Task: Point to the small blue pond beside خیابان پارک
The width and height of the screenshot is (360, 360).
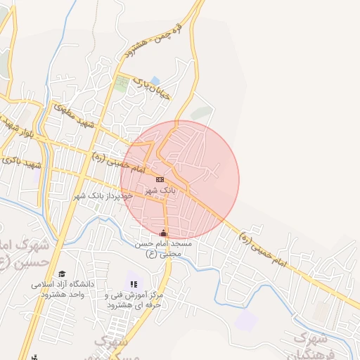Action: tap(155, 79)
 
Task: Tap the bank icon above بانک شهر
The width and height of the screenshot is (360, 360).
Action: tap(161, 179)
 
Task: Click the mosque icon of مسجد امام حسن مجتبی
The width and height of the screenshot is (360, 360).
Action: tap(164, 233)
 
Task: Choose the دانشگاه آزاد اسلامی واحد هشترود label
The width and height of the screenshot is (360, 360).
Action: tap(57, 290)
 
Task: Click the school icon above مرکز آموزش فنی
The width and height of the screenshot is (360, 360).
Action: tap(134, 284)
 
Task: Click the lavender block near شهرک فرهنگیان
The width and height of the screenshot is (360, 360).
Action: tap(246, 320)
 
